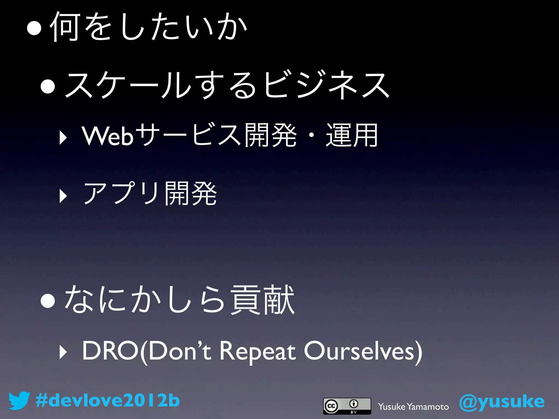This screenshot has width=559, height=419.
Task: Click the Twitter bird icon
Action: point(19,400)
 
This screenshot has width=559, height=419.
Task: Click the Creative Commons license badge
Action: point(347,406)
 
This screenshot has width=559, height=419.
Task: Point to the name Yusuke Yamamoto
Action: point(413,407)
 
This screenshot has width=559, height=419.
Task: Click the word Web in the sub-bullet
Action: point(108,136)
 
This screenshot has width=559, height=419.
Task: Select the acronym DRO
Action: point(111,351)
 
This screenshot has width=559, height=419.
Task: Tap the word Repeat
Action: point(258,351)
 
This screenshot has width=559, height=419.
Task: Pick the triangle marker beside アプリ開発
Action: point(63,196)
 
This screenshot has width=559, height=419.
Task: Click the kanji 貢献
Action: point(262,300)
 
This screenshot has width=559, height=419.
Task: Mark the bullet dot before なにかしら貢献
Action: point(48,301)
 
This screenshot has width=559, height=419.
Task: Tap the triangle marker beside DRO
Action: point(63,353)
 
